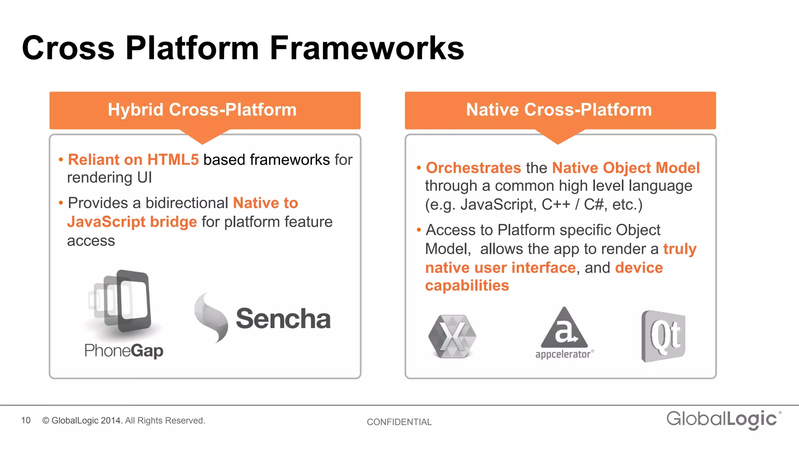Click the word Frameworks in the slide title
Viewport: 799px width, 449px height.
[x=367, y=48]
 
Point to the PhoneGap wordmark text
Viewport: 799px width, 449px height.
[x=124, y=350]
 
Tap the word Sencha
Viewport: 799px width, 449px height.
[x=283, y=319]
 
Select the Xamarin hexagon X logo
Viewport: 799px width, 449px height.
[x=453, y=336]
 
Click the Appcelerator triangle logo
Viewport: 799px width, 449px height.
[x=564, y=329]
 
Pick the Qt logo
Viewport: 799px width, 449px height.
[x=663, y=336]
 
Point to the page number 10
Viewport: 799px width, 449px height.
[x=26, y=421]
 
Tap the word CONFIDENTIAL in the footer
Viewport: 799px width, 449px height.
[x=399, y=422]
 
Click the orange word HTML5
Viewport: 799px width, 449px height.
[x=173, y=160]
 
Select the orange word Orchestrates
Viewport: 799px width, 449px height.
[x=473, y=168]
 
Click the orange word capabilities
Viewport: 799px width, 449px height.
[x=467, y=286]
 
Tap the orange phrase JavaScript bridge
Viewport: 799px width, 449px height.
[x=132, y=222]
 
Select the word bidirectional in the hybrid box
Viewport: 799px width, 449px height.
[x=186, y=203]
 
